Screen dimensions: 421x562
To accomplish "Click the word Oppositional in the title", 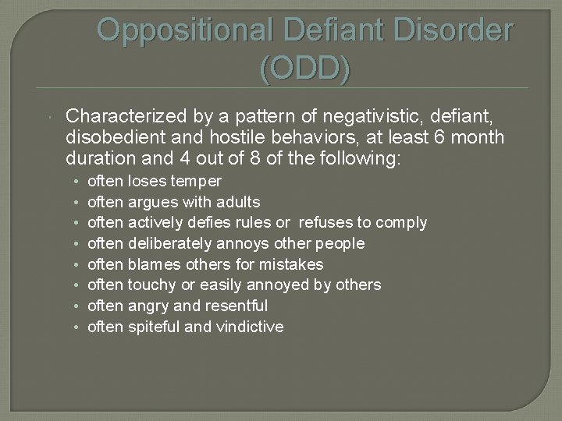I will coord(183,30).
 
